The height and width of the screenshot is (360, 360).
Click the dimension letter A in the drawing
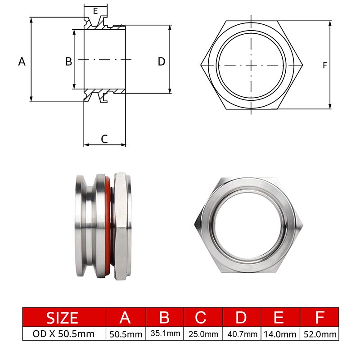(22, 62)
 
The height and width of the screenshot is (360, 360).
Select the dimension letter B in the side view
(69, 62)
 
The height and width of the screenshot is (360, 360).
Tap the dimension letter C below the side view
(104, 139)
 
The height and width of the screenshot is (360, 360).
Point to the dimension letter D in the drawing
(162, 62)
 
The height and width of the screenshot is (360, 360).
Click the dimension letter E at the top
(95, 10)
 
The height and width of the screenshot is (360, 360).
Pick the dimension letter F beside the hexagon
(325, 66)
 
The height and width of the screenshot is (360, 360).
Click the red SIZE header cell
(63, 317)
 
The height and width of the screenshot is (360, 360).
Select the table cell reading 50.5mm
(125, 334)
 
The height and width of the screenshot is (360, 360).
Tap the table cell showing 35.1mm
(164, 334)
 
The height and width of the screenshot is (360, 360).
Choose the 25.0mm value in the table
(203, 334)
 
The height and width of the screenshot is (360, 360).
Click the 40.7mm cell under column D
(242, 334)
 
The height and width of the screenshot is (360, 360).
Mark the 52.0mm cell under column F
(320, 334)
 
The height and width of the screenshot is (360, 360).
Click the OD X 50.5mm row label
(63, 334)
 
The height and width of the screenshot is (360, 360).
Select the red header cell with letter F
(320, 317)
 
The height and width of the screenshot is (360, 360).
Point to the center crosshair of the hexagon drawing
(251, 65)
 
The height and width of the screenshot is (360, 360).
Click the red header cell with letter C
(203, 317)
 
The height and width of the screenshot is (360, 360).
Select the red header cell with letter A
(125, 317)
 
